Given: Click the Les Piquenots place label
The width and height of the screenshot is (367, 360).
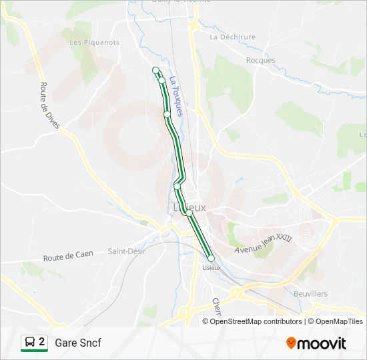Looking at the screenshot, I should point(95,42).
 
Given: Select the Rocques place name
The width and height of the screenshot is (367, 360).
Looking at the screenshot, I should point(260,60).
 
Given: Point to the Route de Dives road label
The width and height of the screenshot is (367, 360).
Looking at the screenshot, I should point(50,105).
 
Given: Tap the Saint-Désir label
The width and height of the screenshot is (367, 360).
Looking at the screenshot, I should point(126,251).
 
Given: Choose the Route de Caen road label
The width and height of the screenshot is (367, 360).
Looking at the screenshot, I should point(68,255).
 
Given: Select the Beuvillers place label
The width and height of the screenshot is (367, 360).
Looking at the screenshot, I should point(310,293).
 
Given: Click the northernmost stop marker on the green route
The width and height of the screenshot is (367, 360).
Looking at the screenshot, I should point(156,70).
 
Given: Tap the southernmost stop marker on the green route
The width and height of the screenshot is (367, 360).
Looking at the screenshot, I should point(211,258).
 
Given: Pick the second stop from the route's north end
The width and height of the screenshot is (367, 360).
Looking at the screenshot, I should point(161,80).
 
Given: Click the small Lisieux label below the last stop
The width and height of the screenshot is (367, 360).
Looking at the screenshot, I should point(211,267).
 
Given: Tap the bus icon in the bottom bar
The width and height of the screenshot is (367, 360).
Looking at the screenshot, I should point(29,343).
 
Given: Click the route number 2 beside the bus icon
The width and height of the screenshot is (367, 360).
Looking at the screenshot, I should point(42,342).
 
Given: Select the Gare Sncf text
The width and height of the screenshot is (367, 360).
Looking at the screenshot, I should point(78,343).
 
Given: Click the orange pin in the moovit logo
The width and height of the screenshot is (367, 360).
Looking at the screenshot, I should point(291,343).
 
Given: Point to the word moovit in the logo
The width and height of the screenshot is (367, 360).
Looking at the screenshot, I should point(322,343).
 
